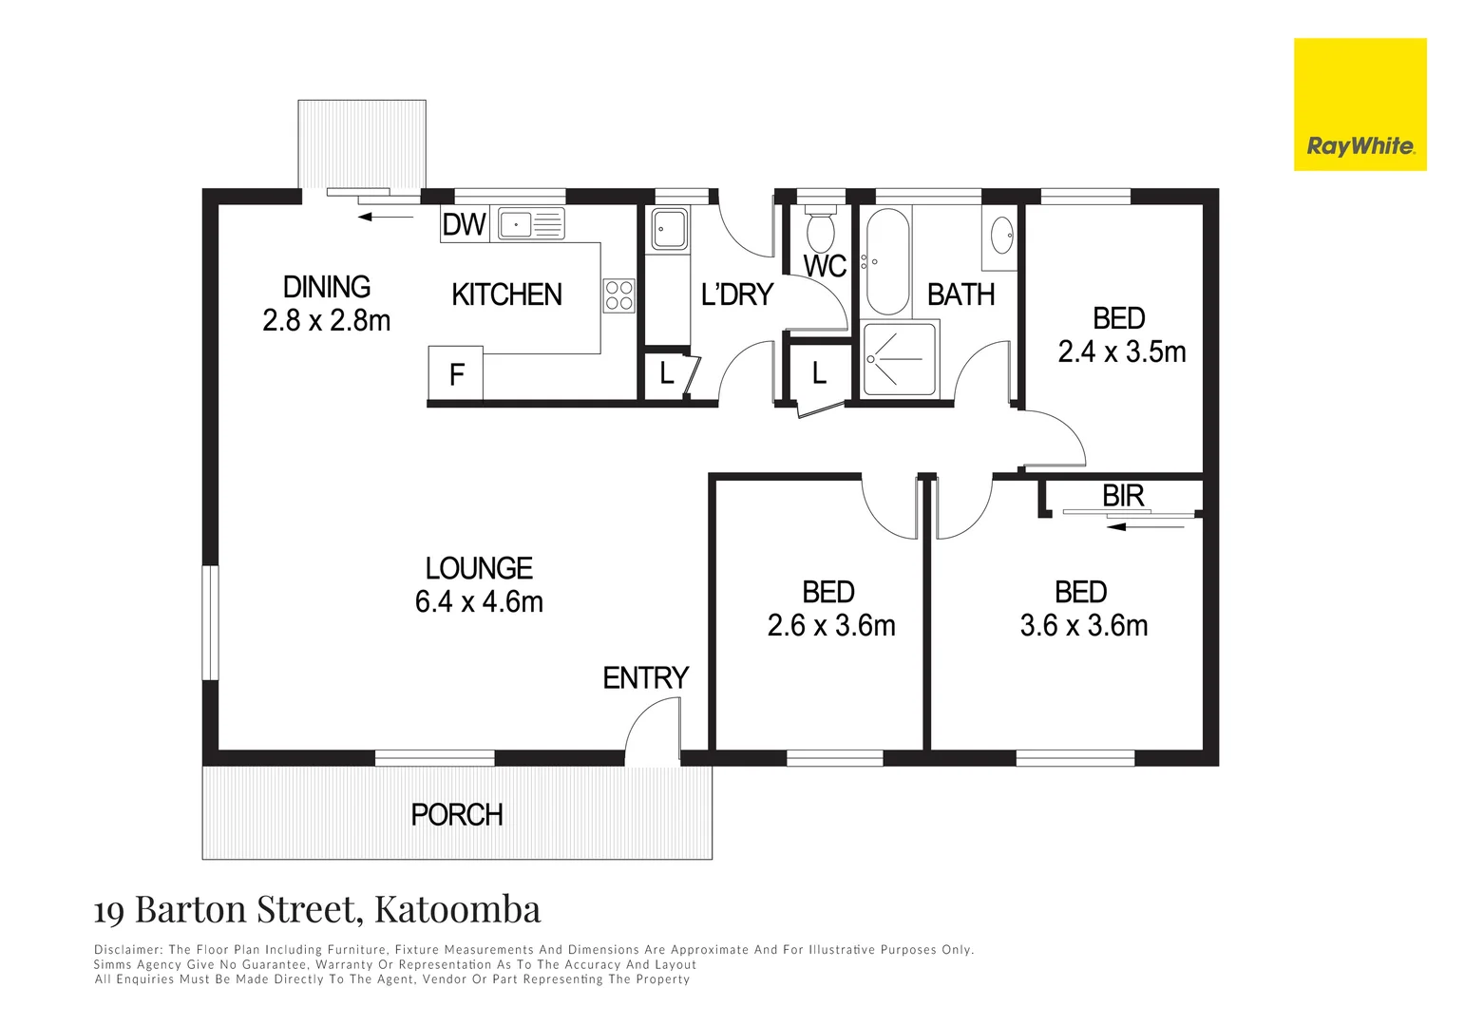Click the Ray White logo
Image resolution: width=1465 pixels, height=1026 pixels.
point(1360,104)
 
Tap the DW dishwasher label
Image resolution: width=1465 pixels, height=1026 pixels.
point(464,224)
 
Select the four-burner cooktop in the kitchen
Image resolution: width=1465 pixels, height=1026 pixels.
point(619,294)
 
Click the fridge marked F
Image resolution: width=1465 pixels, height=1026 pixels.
point(456,374)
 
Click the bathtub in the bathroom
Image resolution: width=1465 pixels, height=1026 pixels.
point(888,261)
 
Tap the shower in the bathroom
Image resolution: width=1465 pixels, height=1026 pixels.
point(899,359)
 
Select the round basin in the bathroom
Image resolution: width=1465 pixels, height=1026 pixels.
point(1001,235)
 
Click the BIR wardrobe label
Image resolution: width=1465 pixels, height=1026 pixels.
point(1123,495)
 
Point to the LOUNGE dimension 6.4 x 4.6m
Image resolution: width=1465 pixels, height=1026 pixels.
point(479,601)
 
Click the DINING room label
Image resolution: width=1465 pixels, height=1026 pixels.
point(327,286)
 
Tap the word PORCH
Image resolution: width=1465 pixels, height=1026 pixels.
point(456,814)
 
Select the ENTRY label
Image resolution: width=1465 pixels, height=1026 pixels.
point(645,677)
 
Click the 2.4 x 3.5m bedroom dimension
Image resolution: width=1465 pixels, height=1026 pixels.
point(1121,351)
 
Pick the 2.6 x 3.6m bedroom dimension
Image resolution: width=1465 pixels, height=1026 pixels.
point(830,625)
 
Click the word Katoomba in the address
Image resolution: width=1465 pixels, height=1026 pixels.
point(457,909)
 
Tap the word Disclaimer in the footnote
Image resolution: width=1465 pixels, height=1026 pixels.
point(128,949)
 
